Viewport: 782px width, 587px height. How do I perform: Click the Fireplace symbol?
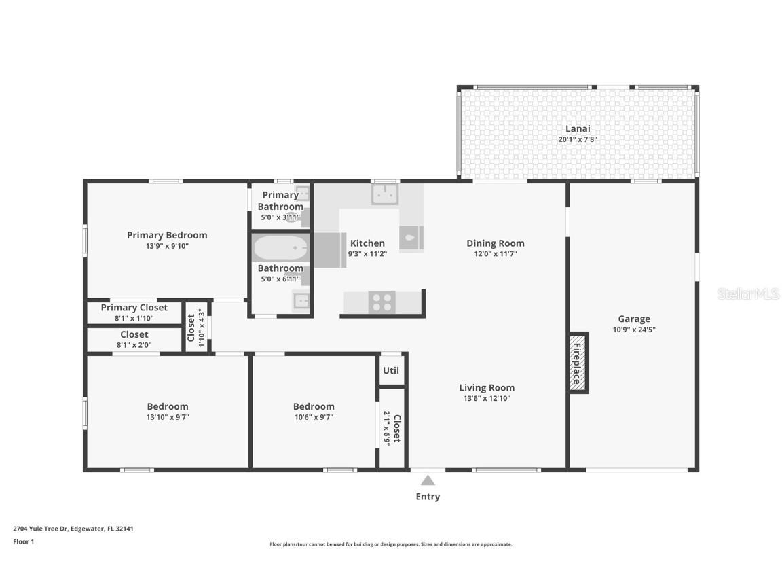click(x=578, y=363)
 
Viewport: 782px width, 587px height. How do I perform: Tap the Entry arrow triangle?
click(x=428, y=480)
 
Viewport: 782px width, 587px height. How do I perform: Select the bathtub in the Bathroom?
click(x=280, y=248)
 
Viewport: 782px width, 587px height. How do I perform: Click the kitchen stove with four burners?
click(x=381, y=302)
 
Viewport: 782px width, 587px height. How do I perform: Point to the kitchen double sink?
click(x=385, y=195)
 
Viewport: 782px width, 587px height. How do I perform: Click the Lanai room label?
click(x=578, y=128)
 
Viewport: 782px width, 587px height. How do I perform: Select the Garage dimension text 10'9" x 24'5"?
click(x=633, y=330)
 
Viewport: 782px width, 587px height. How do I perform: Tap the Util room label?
click(x=391, y=371)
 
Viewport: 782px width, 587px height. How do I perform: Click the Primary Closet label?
click(x=134, y=308)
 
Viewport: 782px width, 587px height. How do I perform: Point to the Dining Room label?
click(x=496, y=243)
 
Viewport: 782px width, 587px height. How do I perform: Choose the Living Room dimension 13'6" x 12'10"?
click(x=487, y=399)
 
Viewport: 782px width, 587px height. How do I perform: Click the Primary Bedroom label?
click(x=167, y=235)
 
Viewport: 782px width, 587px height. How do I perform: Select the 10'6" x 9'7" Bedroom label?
click(x=314, y=406)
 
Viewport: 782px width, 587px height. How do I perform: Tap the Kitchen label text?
click(x=367, y=243)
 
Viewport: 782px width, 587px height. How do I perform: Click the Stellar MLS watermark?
click(x=748, y=293)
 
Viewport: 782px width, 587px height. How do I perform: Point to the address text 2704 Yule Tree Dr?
click(x=73, y=528)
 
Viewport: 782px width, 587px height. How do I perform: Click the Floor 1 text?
click(x=24, y=541)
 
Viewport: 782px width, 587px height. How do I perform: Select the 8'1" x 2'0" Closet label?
click(x=134, y=334)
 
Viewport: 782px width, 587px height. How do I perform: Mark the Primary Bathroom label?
click(x=280, y=201)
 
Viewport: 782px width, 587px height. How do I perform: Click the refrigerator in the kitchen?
click(x=331, y=249)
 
